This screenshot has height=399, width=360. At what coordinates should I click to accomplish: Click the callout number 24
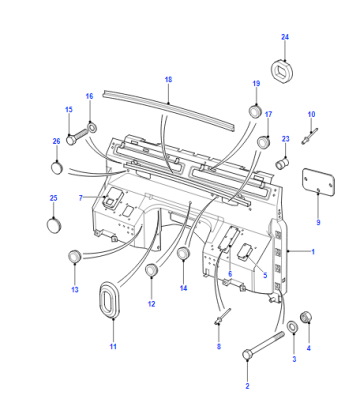tap(285, 37)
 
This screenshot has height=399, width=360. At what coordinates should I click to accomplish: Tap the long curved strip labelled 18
tap(168, 109)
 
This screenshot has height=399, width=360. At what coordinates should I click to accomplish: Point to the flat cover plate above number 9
tap(318, 182)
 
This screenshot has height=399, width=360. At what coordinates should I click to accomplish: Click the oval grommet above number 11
tap(109, 300)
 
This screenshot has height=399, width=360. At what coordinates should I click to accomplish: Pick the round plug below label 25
tap(54, 225)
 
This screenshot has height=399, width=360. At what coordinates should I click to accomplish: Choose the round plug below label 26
tap(57, 167)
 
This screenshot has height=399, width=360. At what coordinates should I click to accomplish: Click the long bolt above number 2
tap(263, 345)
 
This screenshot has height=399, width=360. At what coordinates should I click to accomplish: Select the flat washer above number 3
tap(292, 327)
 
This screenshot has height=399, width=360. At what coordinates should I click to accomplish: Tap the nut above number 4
tap(307, 317)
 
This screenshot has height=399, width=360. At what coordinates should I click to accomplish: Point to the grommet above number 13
tap(75, 256)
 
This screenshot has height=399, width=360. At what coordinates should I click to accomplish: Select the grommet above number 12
tap(152, 270)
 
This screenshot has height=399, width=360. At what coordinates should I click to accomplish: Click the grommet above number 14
tap(183, 254)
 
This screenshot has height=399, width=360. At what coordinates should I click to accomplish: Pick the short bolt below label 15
tap(76, 137)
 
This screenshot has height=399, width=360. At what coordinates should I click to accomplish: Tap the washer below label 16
tap(91, 127)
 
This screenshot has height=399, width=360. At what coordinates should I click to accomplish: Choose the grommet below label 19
tap(256, 111)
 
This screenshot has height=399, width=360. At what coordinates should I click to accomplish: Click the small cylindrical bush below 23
tap(283, 164)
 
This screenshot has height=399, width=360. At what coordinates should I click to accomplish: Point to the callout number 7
tap(81, 198)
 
